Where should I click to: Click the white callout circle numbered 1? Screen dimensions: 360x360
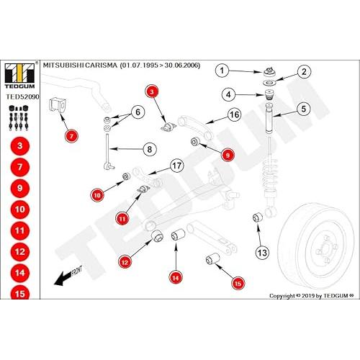coord(222,71)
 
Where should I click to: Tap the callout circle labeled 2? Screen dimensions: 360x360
coord(304,72)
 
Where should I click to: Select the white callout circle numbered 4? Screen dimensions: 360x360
coord(228,94)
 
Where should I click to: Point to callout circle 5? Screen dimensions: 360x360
coord(304,109)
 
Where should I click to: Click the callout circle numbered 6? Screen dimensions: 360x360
coord(138,112)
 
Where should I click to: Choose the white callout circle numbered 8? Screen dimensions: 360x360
coord(150,149)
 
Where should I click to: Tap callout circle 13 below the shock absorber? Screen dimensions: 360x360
coord(262,253)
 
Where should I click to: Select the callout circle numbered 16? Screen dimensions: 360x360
coord(234,114)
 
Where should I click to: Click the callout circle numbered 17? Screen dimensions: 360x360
coord(177,166)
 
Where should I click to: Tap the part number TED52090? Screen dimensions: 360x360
coord(22,97)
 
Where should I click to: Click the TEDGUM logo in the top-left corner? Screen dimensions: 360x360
coord(20,76)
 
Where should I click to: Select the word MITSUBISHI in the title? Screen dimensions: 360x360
coord(63,66)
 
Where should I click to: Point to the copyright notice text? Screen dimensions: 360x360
coord(312,296)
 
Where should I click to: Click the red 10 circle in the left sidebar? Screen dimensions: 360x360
coord(20,210)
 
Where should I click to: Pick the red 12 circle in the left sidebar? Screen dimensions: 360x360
coord(20,252)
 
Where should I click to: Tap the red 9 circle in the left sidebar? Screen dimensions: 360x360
coord(20,189)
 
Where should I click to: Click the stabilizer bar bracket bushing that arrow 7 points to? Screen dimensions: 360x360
coord(58,105)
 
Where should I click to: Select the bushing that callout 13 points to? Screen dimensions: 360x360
coord(258,217)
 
